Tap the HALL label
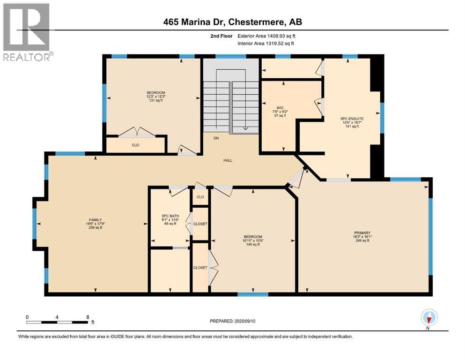228,160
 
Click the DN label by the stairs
216,138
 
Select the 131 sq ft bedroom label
155,97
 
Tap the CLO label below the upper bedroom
135,145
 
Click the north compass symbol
429,318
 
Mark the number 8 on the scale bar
87,317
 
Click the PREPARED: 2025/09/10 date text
234,321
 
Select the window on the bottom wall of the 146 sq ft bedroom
253,294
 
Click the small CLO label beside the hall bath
200,197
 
